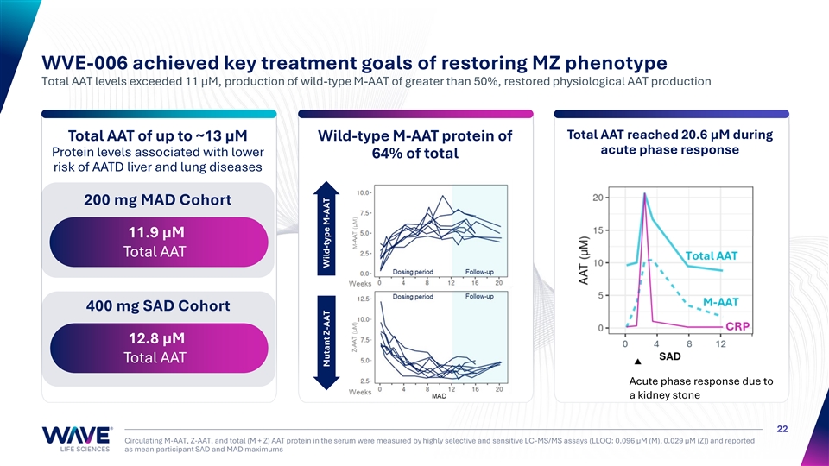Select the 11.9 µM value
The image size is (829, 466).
tap(156, 233)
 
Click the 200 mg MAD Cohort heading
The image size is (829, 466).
tap(157, 200)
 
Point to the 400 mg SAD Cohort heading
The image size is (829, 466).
tap(157, 306)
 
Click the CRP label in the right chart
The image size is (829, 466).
tap(737, 326)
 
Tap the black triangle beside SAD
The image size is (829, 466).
tap(637, 362)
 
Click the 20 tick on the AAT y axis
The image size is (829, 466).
tap(597, 197)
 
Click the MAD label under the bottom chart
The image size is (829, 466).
tap(439, 398)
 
